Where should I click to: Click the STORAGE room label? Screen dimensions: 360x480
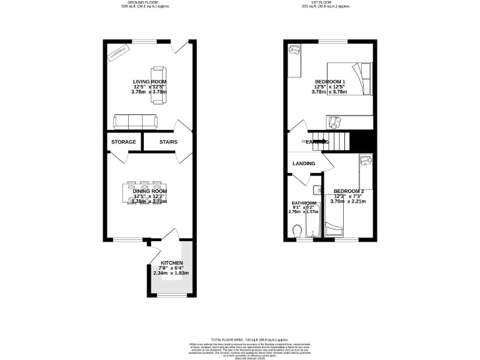(124, 142)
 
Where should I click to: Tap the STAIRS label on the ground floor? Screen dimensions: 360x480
(168, 142)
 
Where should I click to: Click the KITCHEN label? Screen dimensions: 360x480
(172, 263)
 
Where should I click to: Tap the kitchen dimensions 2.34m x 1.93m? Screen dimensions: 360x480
(171, 273)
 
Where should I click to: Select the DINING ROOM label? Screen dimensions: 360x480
(149, 191)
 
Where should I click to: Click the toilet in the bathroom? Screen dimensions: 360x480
(299, 232)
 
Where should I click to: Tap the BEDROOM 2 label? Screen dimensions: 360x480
(349, 191)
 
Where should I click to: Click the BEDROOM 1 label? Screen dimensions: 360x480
(329, 82)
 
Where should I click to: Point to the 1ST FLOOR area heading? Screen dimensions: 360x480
(332, 3)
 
